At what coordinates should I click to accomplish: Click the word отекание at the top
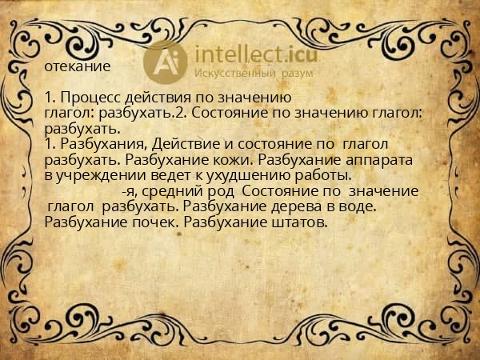tap(78, 65)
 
